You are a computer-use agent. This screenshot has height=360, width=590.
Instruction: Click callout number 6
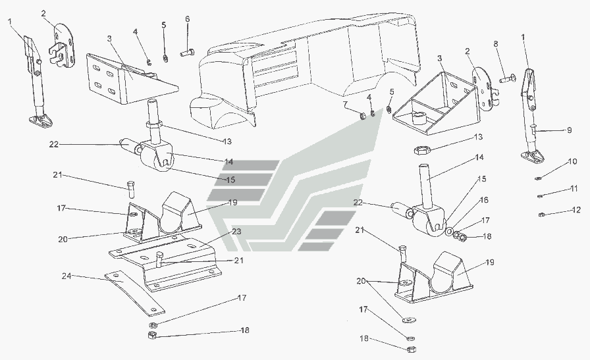point(187,19)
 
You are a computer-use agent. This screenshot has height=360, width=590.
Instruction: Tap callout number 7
point(345,105)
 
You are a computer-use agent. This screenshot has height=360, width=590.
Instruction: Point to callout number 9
point(570,130)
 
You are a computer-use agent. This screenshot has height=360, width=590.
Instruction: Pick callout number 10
point(573,161)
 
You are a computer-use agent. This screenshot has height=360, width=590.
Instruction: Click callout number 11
point(574,189)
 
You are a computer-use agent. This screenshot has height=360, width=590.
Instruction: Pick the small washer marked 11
point(540,195)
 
